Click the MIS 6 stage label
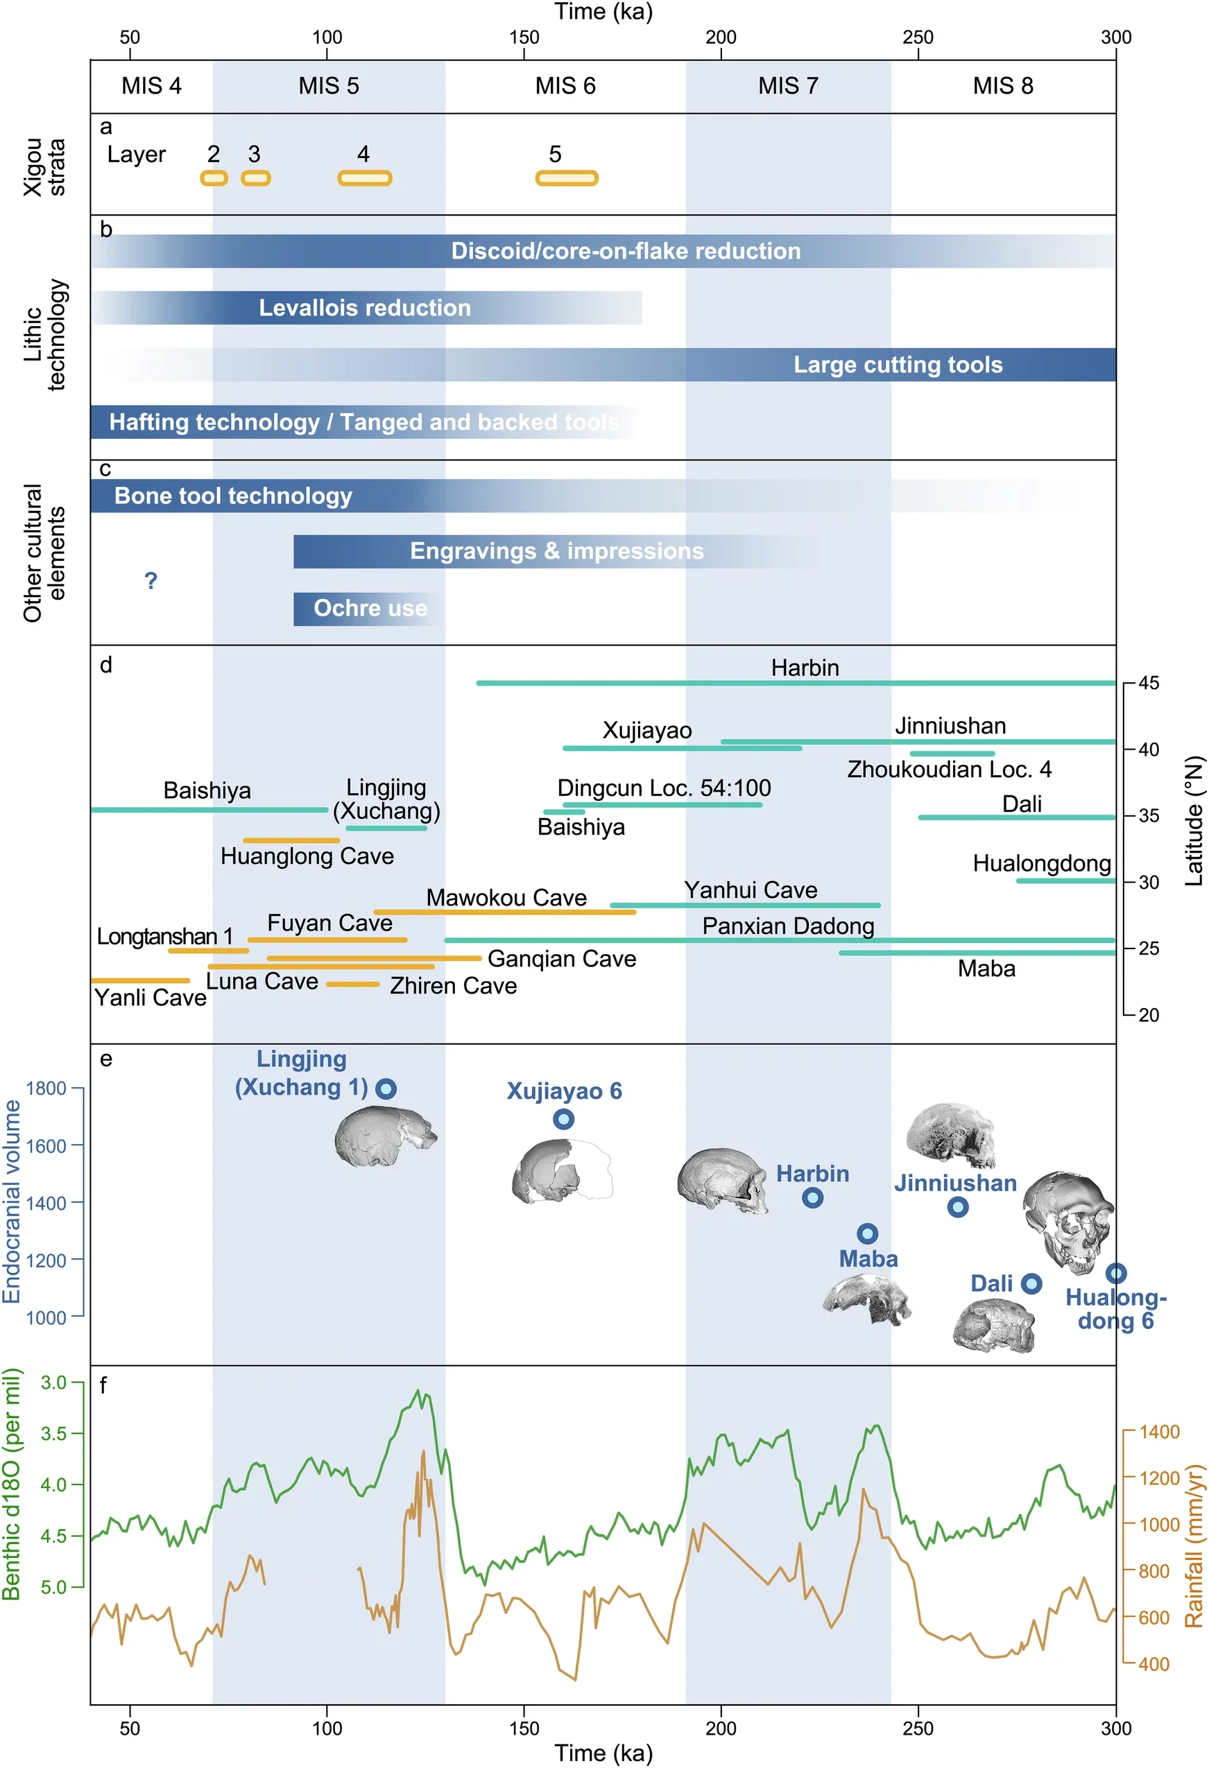click(565, 86)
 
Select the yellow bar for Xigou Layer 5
click(567, 178)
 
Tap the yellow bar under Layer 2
click(214, 178)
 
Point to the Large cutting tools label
click(898, 365)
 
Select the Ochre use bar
click(370, 609)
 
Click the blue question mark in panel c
click(151, 581)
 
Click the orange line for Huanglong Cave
click(291, 840)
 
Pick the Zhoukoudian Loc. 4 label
click(949, 770)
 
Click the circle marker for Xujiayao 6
click(563, 1119)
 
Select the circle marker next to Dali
click(1031, 1284)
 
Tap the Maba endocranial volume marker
click(867, 1234)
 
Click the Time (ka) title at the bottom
click(603, 1753)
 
